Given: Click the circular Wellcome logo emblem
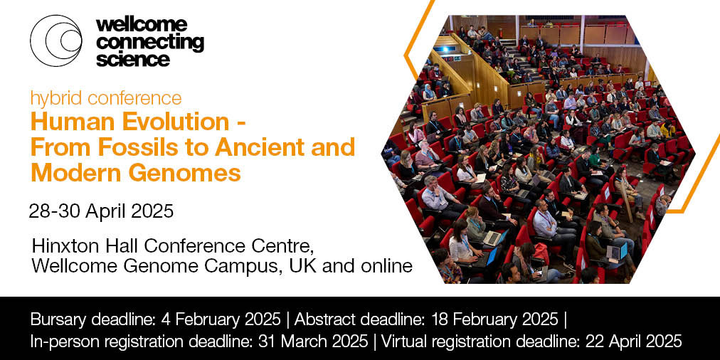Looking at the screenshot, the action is pyautogui.click(x=56, y=41).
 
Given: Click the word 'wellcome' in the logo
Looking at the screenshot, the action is pyautogui.click(x=142, y=24).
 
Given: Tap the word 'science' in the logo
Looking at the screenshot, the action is pyautogui.click(x=133, y=59).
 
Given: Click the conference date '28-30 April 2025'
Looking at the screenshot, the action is pyautogui.click(x=101, y=211).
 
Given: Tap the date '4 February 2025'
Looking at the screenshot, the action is pyautogui.click(x=221, y=319).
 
